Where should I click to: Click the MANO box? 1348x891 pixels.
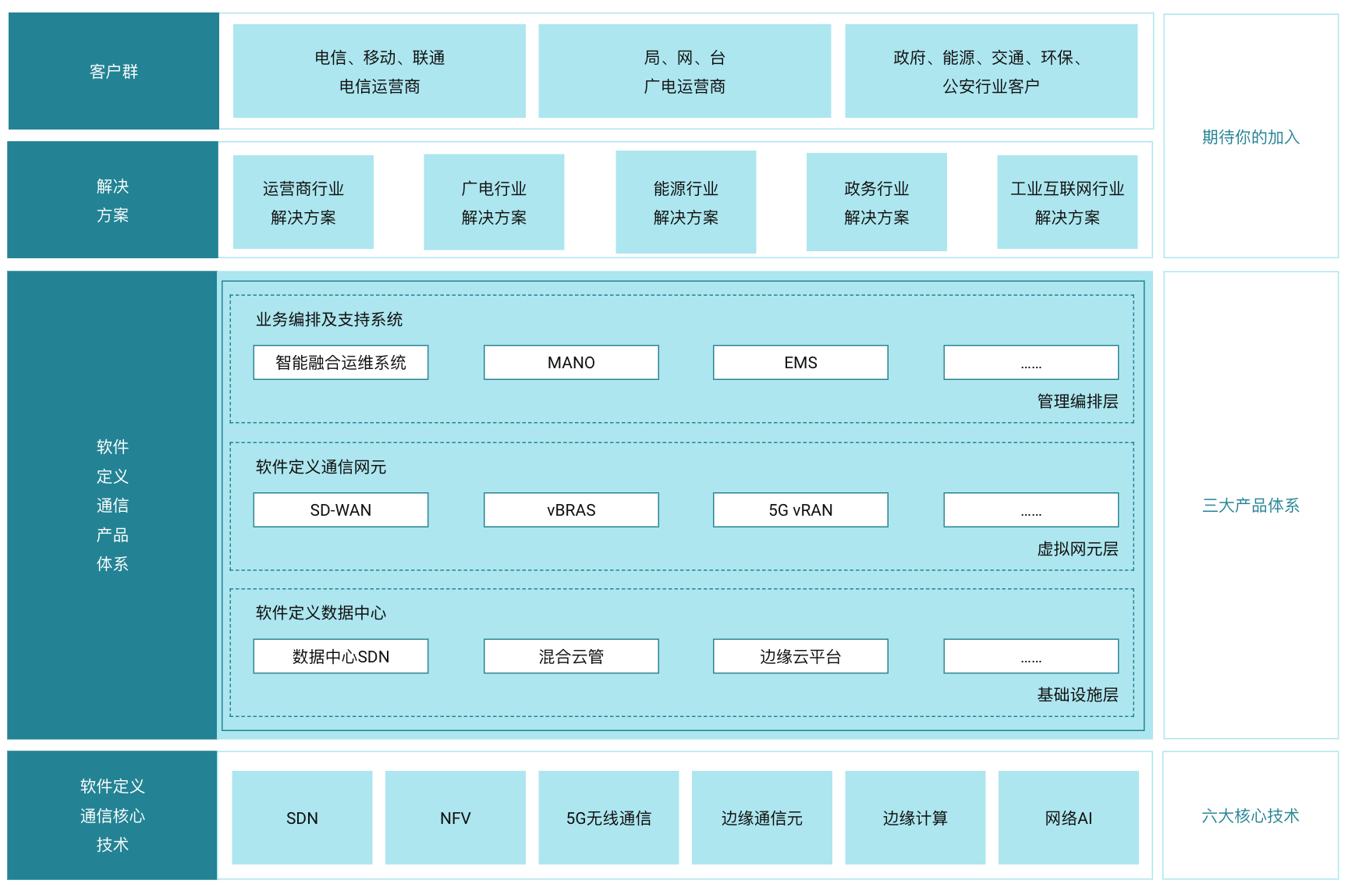point(571,363)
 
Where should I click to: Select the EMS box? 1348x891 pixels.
point(800,363)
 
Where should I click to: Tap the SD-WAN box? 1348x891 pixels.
point(341,510)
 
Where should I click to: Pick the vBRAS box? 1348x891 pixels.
point(571,510)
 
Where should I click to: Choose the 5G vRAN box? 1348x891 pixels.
point(800,510)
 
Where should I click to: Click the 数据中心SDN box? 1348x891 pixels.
point(341,657)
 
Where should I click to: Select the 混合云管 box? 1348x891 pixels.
point(571,657)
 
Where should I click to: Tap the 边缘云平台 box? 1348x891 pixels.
point(800,657)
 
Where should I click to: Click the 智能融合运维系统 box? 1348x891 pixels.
point(341,363)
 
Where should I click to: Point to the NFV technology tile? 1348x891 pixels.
point(456,818)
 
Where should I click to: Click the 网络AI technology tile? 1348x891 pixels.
point(1069,818)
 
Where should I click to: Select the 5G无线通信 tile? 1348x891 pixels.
point(608,818)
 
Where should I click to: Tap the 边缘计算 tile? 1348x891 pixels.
point(915,818)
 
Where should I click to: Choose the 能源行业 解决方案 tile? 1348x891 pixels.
point(686,202)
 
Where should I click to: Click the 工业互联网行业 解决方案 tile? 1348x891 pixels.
point(1067,202)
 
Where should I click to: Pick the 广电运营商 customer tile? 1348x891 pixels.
point(685,71)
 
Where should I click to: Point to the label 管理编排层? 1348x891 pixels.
point(1077,402)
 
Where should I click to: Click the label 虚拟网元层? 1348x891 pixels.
point(1077,549)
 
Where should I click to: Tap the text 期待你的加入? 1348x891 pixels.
point(1250,137)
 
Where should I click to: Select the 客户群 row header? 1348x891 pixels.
point(114,71)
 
